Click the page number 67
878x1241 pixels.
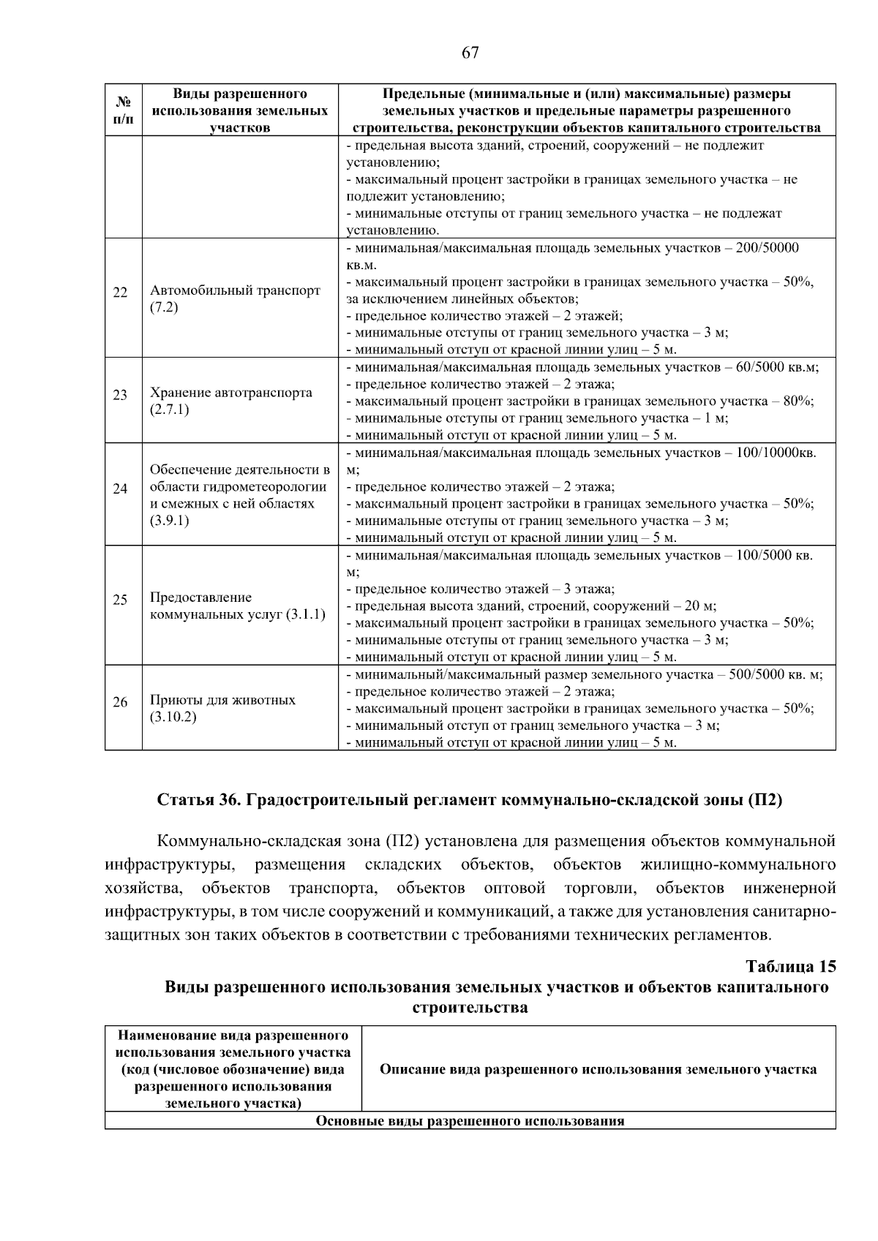[x=470, y=53]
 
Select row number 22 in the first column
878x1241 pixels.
[x=121, y=293]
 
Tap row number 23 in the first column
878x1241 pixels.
[x=121, y=396]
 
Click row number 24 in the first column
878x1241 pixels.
[x=121, y=489]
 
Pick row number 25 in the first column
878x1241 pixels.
[x=121, y=600]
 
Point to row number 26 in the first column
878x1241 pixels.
[x=121, y=703]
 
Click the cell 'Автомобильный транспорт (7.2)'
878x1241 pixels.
[x=235, y=298]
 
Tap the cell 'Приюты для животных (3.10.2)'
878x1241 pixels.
[x=222, y=708]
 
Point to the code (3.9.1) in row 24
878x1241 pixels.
[x=170, y=521]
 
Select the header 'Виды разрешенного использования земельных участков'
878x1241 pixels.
[x=239, y=110]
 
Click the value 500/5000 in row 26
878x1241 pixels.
[x=761, y=675]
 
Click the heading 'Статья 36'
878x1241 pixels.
[x=199, y=800]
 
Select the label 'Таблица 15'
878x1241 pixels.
[x=790, y=967]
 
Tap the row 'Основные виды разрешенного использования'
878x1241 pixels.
[x=470, y=1120]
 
